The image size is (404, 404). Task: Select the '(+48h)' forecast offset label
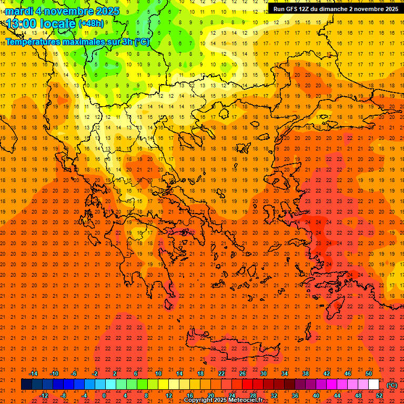(x=91, y=23)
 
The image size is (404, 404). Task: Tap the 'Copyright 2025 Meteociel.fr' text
(x=223, y=400)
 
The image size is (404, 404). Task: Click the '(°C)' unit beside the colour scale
(x=392, y=385)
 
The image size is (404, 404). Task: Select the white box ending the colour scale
(x=373, y=385)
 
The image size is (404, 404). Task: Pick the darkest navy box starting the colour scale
(x=26, y=385)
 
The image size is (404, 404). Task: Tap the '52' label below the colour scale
(x=379, y=395)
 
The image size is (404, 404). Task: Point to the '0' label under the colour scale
(x=104, y=395)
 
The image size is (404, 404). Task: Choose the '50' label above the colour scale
(x=369, y=373)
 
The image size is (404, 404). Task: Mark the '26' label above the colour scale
(x=243, y=373)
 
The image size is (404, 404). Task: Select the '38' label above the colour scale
(x=306, y=373)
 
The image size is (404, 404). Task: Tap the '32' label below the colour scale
(x=274, y=395)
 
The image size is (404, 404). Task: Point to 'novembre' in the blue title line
(x=65, y=11)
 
